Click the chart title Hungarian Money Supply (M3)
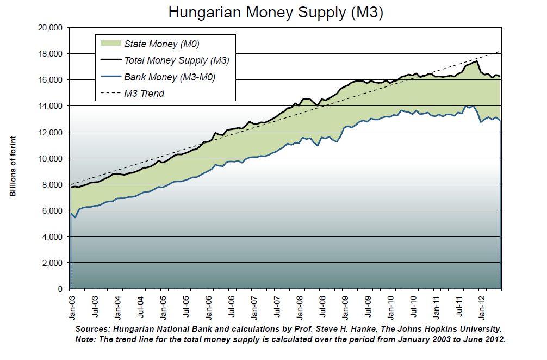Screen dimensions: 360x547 tap(276, 13)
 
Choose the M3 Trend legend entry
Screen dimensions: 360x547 tap(144, 94)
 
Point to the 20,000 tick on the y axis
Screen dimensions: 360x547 tap(51, 28)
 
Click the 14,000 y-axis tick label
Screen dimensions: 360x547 tap(51, 106)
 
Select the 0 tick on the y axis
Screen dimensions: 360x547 tap(61, 289)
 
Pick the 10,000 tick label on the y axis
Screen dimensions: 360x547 tap(51, 158)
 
